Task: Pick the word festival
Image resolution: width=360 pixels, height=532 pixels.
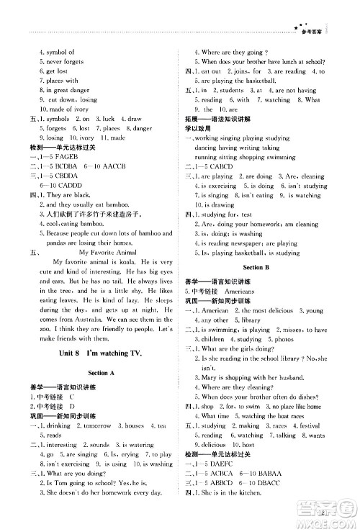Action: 310,425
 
